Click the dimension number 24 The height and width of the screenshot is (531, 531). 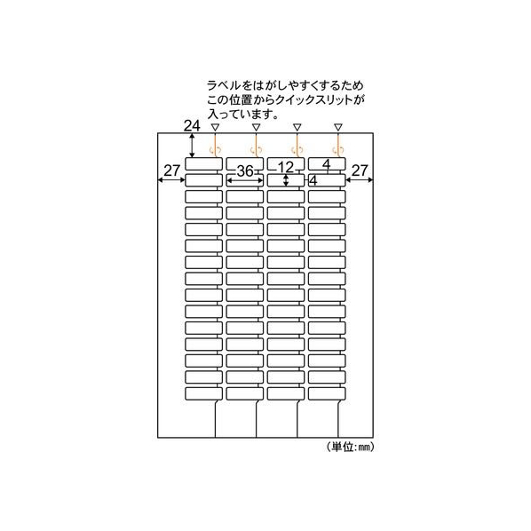coord(192,126)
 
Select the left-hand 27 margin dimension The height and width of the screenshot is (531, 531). coord(171,170)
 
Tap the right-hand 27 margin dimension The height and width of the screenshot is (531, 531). coord(360,170)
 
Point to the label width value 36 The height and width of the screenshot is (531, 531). coord(245,171)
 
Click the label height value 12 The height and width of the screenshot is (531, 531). coord(286,167)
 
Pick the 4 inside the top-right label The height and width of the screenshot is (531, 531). coord(326,164)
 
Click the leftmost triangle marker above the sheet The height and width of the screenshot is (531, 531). coord(215,127)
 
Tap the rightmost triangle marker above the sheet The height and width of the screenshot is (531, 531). coord(338,127)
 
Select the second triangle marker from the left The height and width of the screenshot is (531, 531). coord(256,127)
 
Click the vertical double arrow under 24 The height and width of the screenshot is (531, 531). coord(192,146)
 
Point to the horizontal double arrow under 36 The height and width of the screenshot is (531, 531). coord(244,180)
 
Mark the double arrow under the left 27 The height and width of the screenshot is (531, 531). coord(171,180)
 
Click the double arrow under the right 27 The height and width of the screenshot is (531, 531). coord(359,180)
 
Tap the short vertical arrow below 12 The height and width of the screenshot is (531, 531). coord(286,180)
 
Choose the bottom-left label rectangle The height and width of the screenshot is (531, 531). coord(203,393)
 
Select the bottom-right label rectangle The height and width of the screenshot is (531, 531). coord(327,393)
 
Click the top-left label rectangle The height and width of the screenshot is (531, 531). coord(203,164)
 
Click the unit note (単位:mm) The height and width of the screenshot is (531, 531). coord(351,447)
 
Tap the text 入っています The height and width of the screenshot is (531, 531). coord(243,115)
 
